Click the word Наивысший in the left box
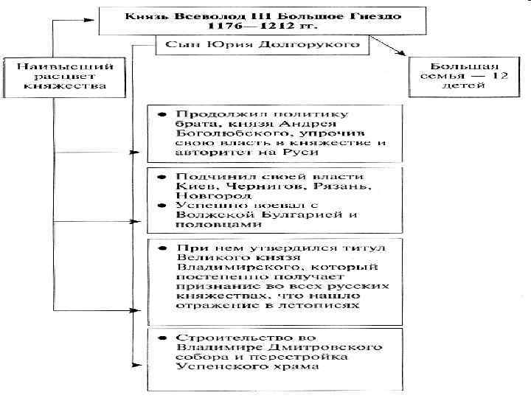pos(52,63)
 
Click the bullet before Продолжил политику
pos(159,115)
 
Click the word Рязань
pos(329,187)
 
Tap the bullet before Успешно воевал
pos(159,206)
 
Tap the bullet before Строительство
pos(159,338)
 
